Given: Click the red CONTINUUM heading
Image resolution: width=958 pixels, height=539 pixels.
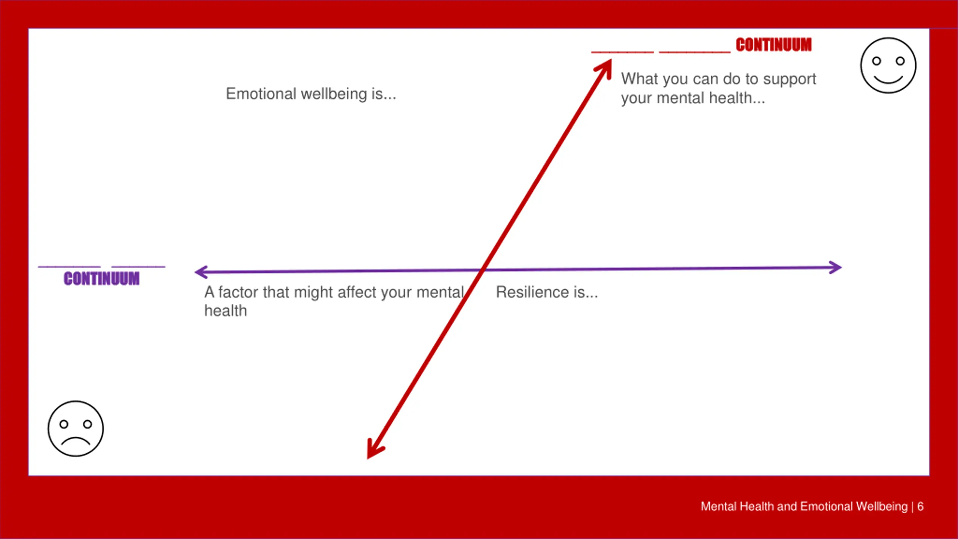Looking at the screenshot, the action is [x=774, y=45].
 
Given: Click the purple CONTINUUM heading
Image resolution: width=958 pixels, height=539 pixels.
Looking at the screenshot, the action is [x=101, y=279].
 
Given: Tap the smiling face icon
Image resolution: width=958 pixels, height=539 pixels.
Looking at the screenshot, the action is [x=888, y=66].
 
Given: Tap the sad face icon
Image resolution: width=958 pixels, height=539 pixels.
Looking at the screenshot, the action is [x=76, y=429].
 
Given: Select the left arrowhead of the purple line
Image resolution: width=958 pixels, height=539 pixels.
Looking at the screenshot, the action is [x=200, y=272].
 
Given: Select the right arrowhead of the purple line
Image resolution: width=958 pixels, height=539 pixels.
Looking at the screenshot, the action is [x=836, y=267].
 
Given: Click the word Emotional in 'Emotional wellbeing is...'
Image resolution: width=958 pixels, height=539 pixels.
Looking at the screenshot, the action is [x=261, y=94].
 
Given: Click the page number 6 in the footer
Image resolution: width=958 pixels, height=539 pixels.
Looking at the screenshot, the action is [x=920, y=506].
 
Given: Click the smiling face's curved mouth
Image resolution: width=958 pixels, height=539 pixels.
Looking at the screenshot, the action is [x=888, y=79].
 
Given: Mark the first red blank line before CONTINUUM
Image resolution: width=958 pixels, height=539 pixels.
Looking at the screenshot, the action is [x=622, y=52].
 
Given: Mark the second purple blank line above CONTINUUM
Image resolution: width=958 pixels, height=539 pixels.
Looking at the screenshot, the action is [x=138, y=267].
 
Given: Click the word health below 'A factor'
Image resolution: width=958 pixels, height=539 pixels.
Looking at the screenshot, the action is [x=225, y=311].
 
